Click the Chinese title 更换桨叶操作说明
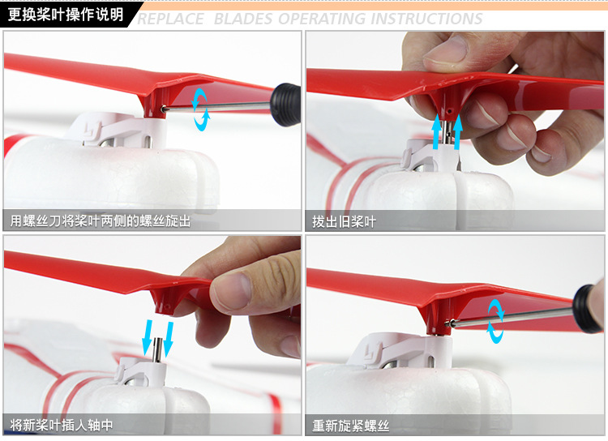(x=66, y=15)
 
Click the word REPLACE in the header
(x=170, y=19)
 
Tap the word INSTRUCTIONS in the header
(x=426, y=19)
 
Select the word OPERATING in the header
(x=322, y=19)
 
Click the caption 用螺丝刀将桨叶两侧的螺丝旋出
(x=101, y=221)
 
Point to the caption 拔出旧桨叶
(x=344, y=222)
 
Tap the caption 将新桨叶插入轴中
(x=62, y=425)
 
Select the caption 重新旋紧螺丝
(x=350, y=426)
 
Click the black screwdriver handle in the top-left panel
(x=286, y=105)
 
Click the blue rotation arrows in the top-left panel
(x=201, y=109)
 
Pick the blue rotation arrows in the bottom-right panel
(x=496, y=321)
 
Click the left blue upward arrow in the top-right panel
(x=437, y=132)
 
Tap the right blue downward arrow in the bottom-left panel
(x=169, y=338)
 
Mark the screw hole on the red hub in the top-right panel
(x=449, y=111)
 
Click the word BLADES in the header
(x=243, y=19)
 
